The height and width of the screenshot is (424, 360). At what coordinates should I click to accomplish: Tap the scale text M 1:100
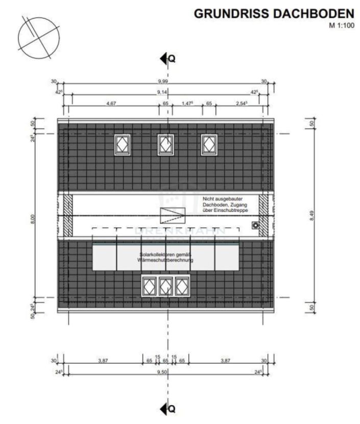pyautogui.click(x=341, y=25)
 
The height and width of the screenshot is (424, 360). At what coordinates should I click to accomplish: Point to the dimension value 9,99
pyautogui.click(x=165, y=82)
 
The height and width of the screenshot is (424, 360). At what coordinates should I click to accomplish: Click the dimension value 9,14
pyautogui.click(x=165, y=92)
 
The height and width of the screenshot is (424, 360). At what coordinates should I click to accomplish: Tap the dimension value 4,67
pyautogui.click(x=112, y=103)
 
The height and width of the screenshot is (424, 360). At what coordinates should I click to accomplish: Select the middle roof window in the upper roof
pyautogui.click(x=165, y=144)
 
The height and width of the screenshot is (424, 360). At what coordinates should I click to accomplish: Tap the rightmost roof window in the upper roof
pyautogui.click(x=208, y=144)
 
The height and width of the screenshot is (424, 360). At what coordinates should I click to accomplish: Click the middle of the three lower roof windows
pyautogui.click(x=165, y=286)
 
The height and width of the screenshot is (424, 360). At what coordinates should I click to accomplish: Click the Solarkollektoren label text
pyautogui.click(x=164, y=257)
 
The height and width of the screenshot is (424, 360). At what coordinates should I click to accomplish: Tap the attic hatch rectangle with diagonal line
pyautogui.click(x=171, y=214)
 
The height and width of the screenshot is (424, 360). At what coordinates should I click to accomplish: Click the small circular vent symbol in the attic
pyautogui.click(x=255, y=225)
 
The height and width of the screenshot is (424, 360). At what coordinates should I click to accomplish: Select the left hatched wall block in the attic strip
pyautogui.click(x=67, y=215)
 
